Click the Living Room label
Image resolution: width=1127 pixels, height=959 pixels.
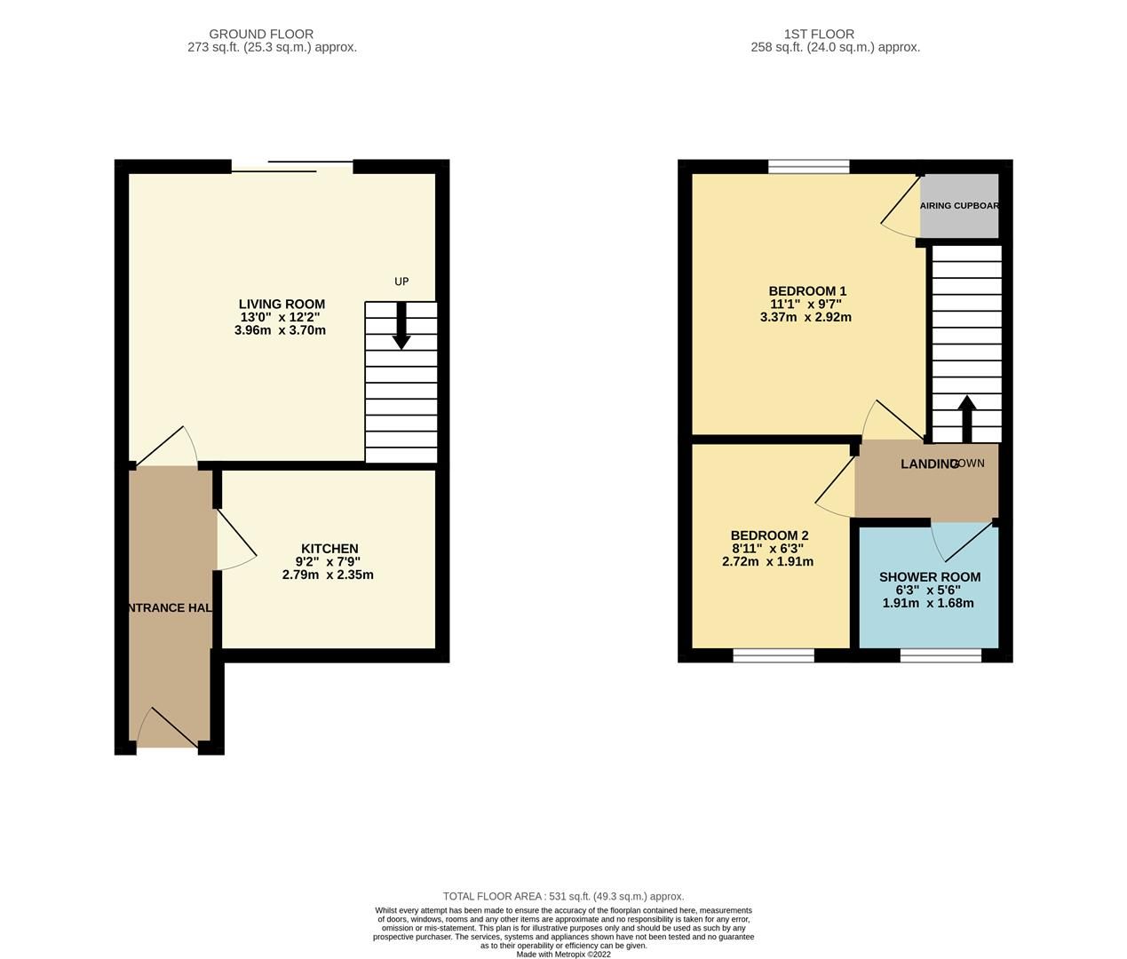[x=282, y=305]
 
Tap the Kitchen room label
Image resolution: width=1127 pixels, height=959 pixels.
[x=329, y=549]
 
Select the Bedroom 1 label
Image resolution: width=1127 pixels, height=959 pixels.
[x=807, y=291]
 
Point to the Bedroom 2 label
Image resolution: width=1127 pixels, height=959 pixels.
[x=769, y=535]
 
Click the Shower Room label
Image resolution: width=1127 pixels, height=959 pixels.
[x=929, y=577]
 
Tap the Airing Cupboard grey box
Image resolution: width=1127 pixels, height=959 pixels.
[x=959, y=206]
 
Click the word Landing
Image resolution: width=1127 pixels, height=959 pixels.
[x=928, y=464]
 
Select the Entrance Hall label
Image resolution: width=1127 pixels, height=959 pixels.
[x=169, y=608]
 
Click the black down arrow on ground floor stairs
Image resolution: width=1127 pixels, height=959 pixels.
[x=401, y=326]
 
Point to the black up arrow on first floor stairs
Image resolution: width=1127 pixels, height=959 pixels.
[x=966, y=419]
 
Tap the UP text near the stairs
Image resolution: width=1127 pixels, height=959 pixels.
[x=401, y=281]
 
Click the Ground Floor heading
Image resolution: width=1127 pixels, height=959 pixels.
[x=261, y=34]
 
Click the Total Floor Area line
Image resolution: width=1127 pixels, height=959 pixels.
[x=563, y=897]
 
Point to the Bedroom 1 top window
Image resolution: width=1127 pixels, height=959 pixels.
[x=809, y=166]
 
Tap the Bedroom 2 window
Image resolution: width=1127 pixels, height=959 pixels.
[x=774, y=655]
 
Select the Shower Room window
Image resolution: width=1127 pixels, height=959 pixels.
[x=940, y=655]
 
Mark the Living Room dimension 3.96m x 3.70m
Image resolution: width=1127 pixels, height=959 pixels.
[x=280, y=330]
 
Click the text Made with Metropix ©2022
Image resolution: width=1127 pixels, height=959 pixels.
[x=563, y=955]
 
